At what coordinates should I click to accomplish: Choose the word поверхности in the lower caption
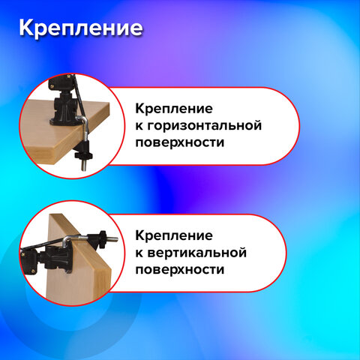[x=181, y=268]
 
